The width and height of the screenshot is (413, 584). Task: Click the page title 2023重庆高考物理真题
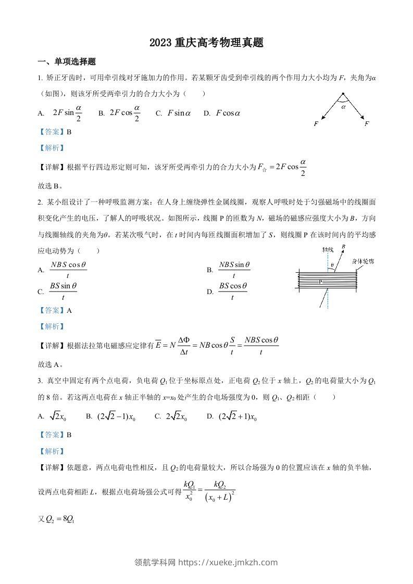(206, 43)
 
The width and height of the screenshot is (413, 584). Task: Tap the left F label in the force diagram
(316, 124)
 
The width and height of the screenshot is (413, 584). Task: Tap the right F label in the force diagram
(367, 124)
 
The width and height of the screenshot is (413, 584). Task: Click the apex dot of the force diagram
(343, 94)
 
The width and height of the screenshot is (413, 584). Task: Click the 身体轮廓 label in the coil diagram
(362, 262)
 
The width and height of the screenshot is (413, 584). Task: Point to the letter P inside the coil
(320, 281)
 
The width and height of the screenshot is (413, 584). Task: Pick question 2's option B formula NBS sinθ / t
(233, 270)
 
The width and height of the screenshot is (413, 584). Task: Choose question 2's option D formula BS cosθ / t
(232, 291)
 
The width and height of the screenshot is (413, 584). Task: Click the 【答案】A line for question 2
(55, 310)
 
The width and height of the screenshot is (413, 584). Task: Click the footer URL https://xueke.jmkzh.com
(228, 562)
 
